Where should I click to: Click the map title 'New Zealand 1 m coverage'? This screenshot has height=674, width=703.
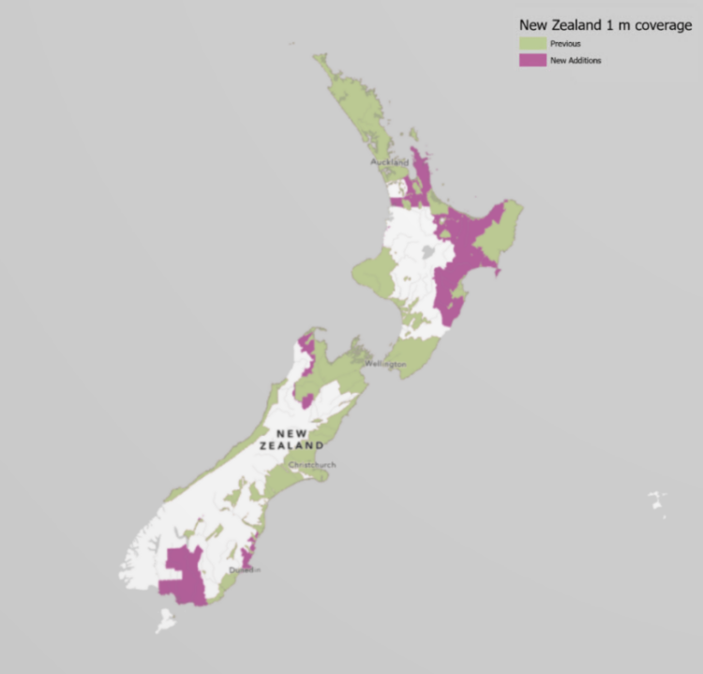(606, 26)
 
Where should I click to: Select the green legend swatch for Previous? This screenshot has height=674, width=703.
(533, 44)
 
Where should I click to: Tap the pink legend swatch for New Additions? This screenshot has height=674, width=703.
(533, 60)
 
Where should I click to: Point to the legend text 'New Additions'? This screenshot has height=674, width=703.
(576, 60)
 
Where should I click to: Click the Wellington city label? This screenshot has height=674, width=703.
(385, 363)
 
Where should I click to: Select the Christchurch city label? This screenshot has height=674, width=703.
(312, 465)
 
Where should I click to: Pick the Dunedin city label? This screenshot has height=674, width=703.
(245, 570)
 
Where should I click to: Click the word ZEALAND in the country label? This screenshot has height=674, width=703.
(299, 445)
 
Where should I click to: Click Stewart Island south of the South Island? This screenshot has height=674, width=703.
(166, 620)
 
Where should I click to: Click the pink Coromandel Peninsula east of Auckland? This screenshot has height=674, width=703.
(419, 169)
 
